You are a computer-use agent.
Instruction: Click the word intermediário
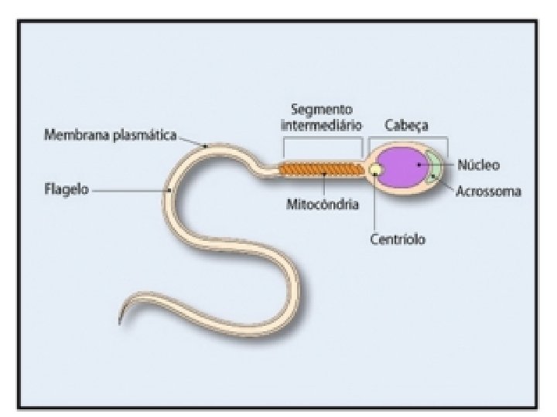[322, 127]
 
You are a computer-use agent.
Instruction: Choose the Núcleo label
[478, 164]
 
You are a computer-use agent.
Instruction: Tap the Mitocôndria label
[322, 205]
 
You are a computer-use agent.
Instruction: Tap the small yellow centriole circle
[375, 169]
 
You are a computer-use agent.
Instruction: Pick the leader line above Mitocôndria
[323, 185]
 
